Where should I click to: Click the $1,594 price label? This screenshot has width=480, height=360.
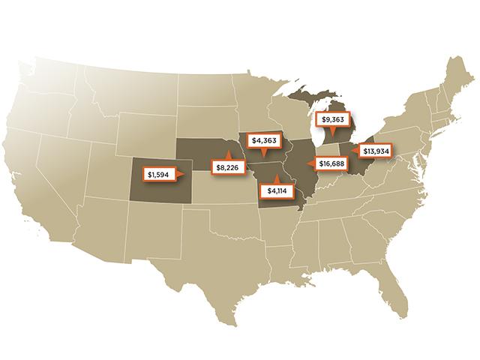tap(157, 175)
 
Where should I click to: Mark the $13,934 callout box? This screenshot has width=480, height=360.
tap(376, 151)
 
